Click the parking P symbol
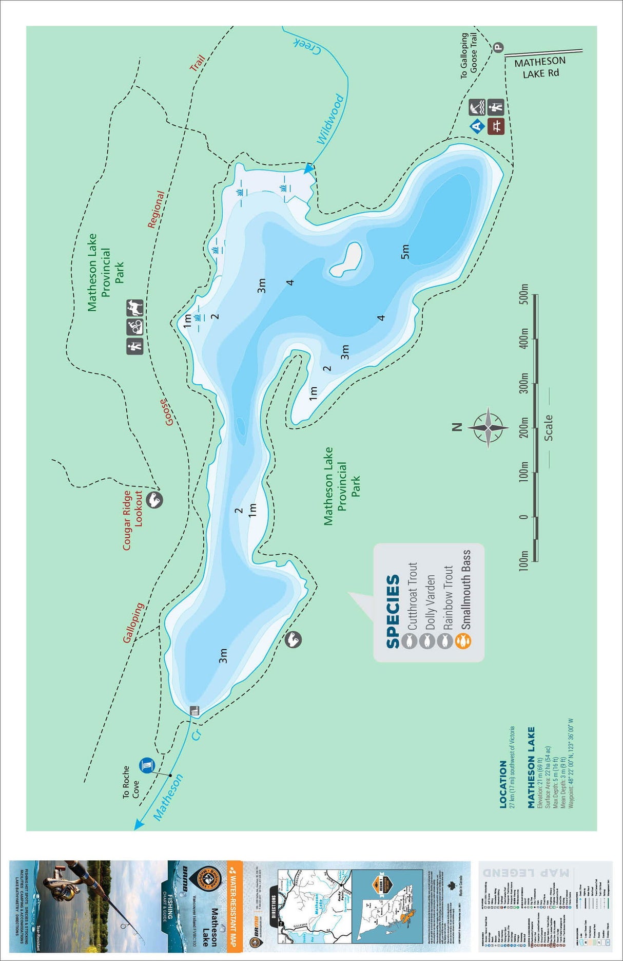tap(498, 48)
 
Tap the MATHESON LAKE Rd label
tap(540, 67)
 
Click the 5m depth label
tap(405, 252)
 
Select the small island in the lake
tap(346, 259)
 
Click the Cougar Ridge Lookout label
tap(132, 520)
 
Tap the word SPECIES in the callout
tap(393, 611)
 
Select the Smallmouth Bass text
tap(465, 590)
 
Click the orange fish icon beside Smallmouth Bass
tap(463, 641)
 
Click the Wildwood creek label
tap(329, 119)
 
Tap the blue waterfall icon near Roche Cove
tap(147, 766)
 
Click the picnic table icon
tap(496, 125)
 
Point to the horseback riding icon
tap(134, 308)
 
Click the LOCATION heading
tap(503, 784)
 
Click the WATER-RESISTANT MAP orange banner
tap(234, 903)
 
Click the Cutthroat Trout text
tap(413, 596)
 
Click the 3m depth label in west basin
tap(223, 656)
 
